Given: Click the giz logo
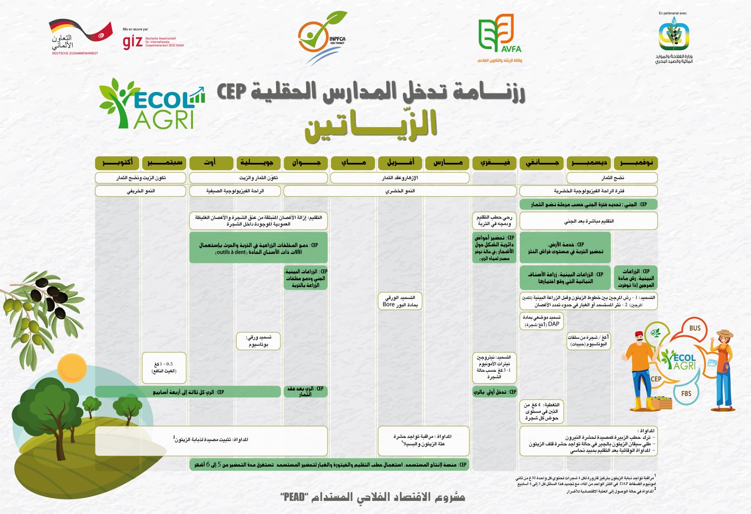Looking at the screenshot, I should pos(132,41).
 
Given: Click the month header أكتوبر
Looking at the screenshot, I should pos(117,163).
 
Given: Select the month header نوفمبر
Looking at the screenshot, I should pos(636,163).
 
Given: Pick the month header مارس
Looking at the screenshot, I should pos(447,163).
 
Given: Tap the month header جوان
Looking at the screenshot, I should pos(306,163).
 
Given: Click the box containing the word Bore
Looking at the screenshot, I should pos(399,301).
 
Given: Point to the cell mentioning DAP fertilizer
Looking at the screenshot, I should pos(541,321).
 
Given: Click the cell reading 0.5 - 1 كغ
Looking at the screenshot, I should pos(164,368).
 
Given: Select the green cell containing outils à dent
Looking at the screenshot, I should pos(258,248).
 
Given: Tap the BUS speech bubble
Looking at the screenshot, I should pos(695,328).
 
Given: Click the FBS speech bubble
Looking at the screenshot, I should pos(686,393).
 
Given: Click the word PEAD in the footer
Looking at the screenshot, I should pos(295,497).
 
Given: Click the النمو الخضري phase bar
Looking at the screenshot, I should pos(400,191).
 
